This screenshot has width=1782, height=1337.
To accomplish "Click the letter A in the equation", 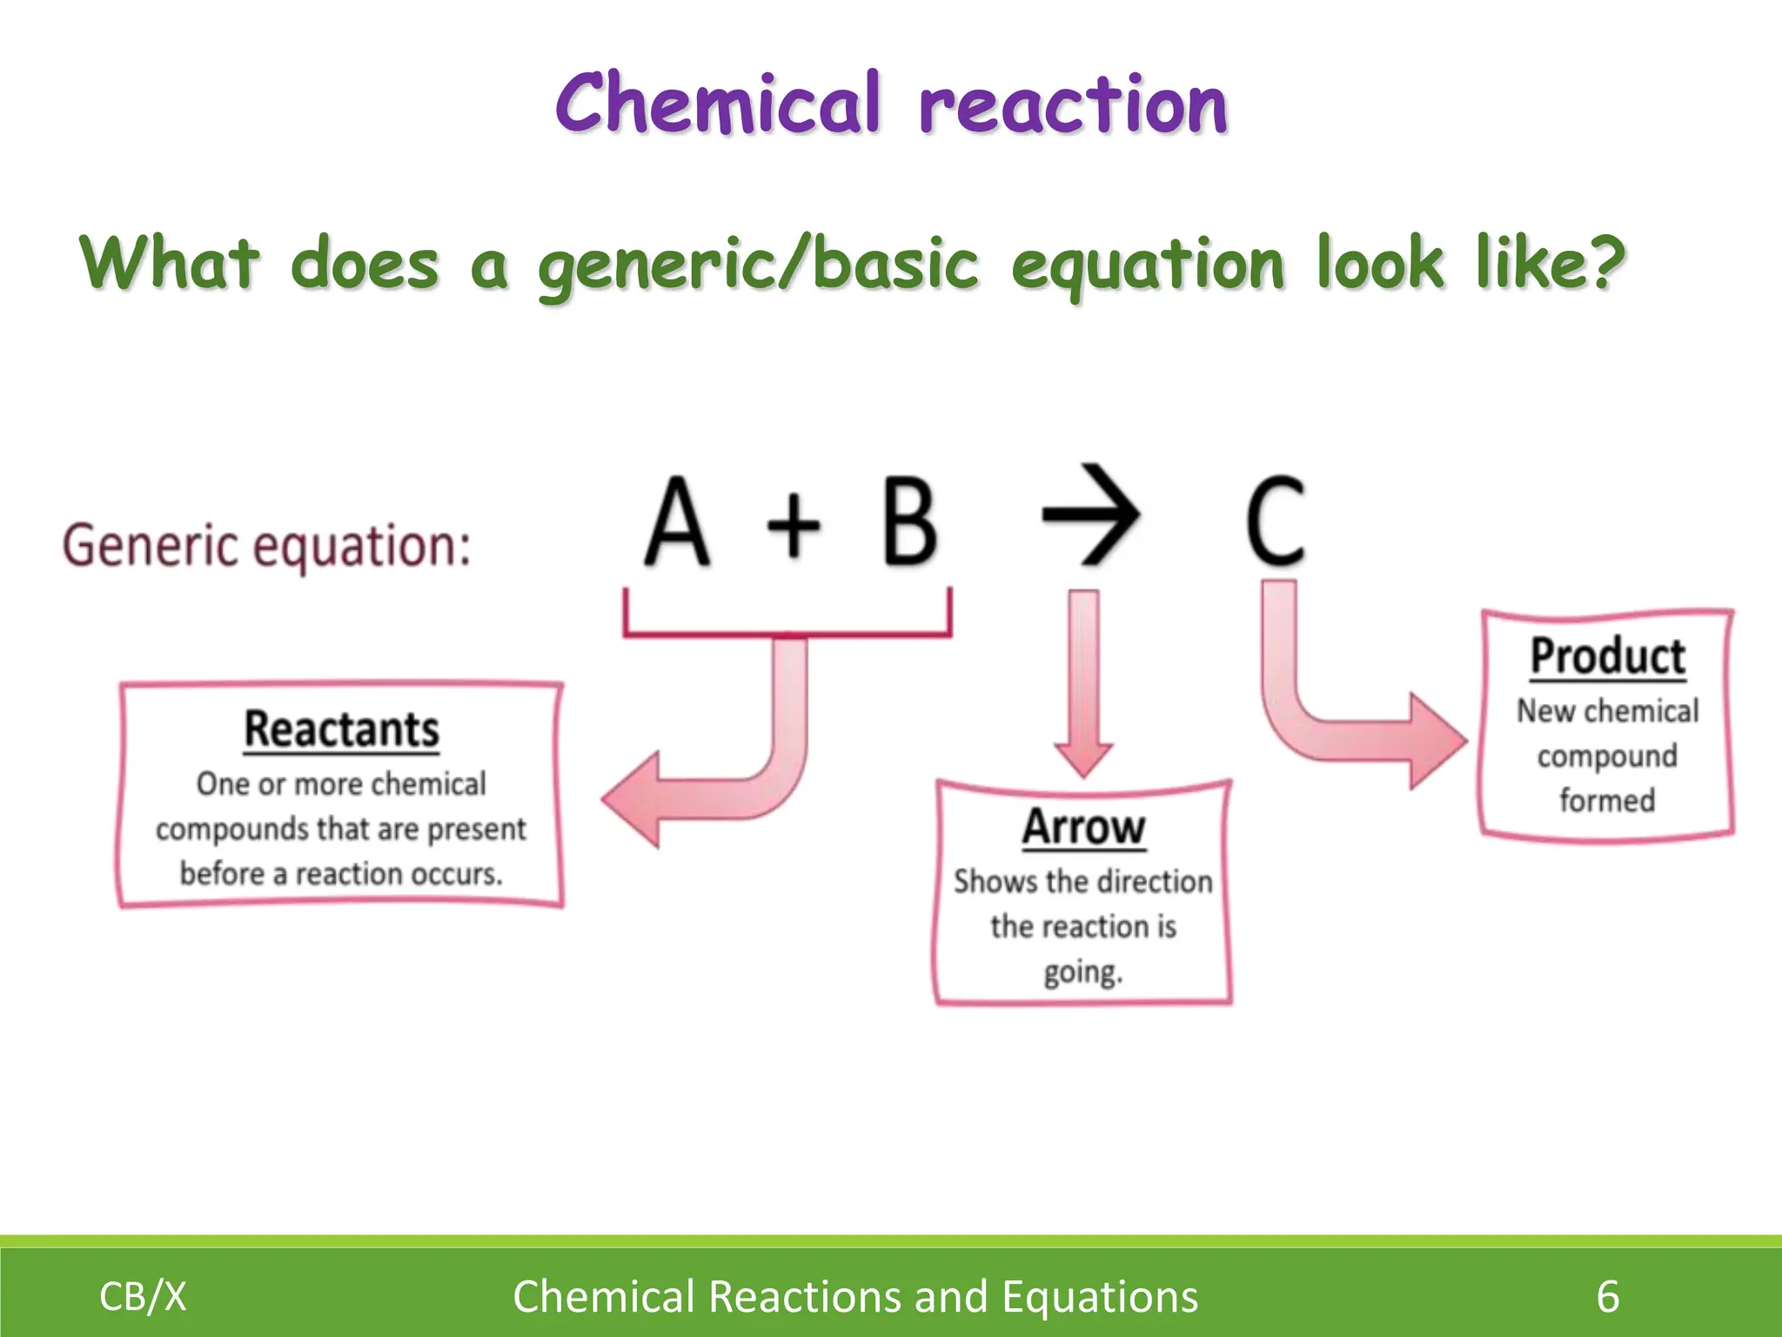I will pyautogui.click(x=677, y=522).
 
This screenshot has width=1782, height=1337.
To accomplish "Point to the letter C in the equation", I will pyautogui.click(x=1276, y=522).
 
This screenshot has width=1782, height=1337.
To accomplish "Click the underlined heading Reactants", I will pyautogui.click(x=341, y=729).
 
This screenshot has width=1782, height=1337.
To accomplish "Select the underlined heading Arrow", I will pyautogui.click(x=1083, y=827).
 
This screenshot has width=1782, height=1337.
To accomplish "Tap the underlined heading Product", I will pyautogui.click(x=1607, y=656).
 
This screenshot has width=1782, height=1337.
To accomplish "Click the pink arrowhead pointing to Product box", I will pyautogui.click(x=1436, y=742).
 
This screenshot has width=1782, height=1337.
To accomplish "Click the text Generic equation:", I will pyautogui.click(x=266, y=546).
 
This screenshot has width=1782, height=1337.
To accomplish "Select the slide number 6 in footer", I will pyautogui.click(x=1607, y=1296).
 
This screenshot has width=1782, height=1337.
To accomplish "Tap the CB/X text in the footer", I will pyautogui.click(x=143, y=1296).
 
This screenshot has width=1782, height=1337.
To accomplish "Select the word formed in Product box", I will pyautogui.click(x=1606, y=800).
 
